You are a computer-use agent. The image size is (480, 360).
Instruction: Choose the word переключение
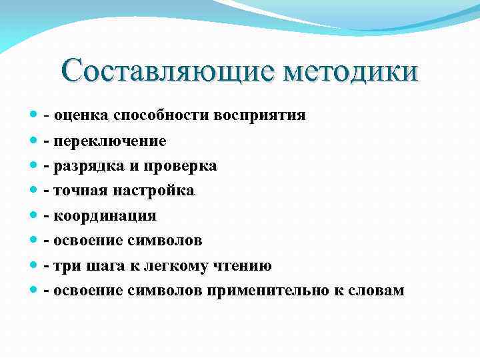point(110,141)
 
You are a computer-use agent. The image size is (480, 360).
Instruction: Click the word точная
point(78,191)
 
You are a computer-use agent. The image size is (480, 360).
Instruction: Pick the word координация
point(105,216)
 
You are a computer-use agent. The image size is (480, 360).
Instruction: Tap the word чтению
point(243,266)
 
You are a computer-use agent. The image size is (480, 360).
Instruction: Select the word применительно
point(265,291)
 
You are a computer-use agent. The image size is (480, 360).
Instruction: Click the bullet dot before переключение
point(34,141)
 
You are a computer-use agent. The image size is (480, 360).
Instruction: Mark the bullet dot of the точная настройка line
point(34,191)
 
